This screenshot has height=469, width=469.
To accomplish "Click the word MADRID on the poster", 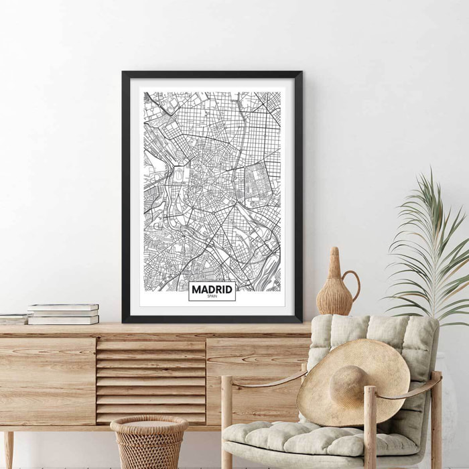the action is (x=212, y=289).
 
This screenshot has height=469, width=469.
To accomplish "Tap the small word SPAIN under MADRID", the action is (x=212, y=296).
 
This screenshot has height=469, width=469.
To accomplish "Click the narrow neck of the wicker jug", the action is (x=334, y=265).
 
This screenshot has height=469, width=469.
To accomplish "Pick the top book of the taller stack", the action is (x=63, y=307).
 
